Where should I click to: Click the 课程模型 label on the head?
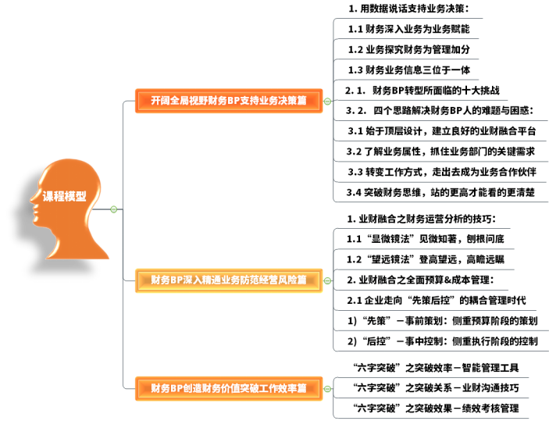pos(65,197)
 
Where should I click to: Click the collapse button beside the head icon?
pos(114,209)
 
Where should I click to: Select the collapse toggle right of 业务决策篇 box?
pos(327,102)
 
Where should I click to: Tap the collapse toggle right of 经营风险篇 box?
pos(327,280)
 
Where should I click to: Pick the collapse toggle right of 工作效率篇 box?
pos(327,388)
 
